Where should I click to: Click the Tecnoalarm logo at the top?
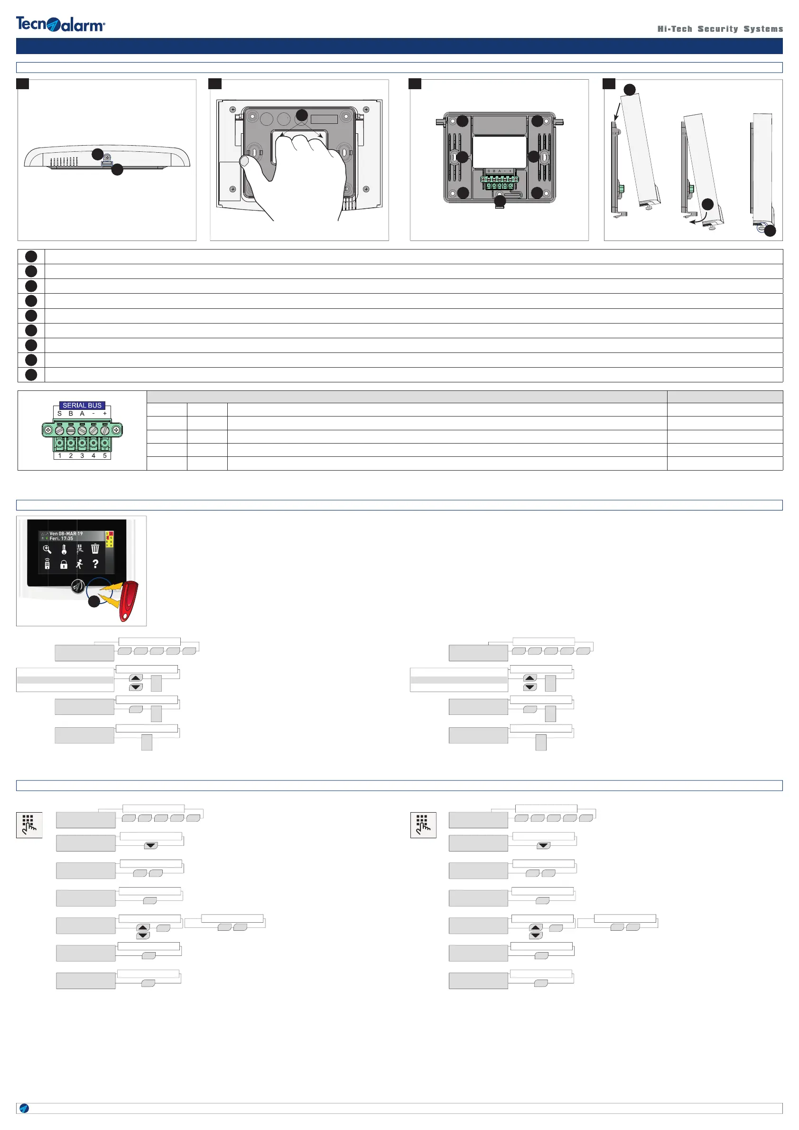pyautogui.click(x=60, y=24)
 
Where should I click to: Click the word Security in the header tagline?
pyautogui.click(x=717, y=29)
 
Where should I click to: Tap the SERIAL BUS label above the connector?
pyautogui.click(x=82, y=405)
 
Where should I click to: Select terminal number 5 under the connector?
pyautogui.click(x=105, y=456)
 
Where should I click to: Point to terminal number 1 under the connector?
pyautogui.click(x=60, y=456)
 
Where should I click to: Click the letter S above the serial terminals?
pyautogui.click(x=60, y=413)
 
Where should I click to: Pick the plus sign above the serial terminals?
pyautogui.click(x=105, y=413)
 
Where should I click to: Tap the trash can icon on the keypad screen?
pyautogui.click(x=95, y=549)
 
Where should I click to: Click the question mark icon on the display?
pyautogui.click(x=95, y=564)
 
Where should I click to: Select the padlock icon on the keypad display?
pyautogui.click(x=64, y=565)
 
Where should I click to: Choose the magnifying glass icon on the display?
pyautogui.click(x=47, y=549)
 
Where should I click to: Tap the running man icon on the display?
pyautogui.click(x=79, y=564)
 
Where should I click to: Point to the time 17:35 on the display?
pyautogui.click(x=67, y=538)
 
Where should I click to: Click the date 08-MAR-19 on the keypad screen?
pyautogui.click(x=70, y=534)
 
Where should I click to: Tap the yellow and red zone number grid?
pyautogui.click(x=109, y=538)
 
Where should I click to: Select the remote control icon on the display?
pyautogui.click(x=47, y=564)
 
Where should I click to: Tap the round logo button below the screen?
pyautogui.click(x=78, y=586)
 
